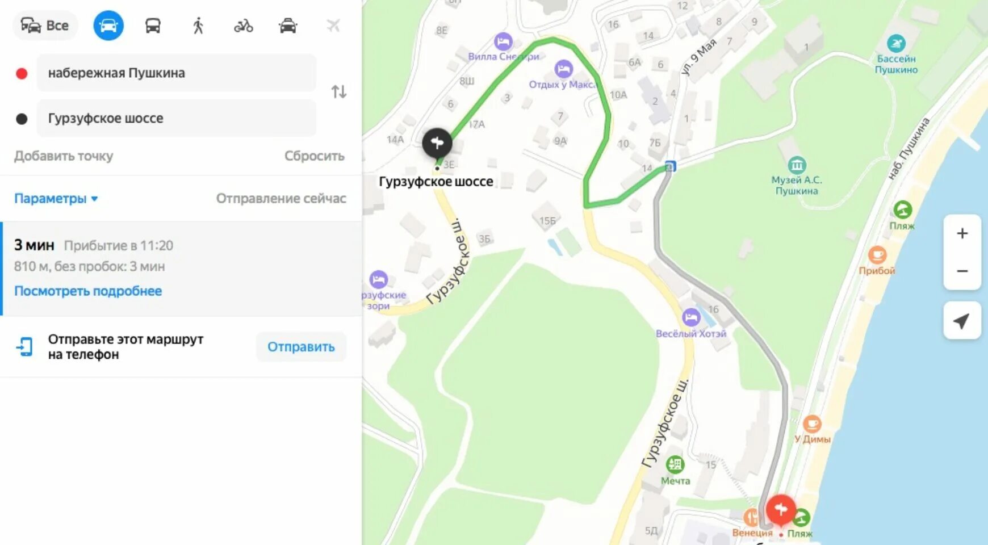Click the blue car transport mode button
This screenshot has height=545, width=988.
pos(108,26)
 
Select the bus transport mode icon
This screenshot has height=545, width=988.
pos(153,26)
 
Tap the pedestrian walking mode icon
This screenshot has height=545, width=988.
pos(198,26)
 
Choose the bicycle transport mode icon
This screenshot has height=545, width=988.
pos(243,26)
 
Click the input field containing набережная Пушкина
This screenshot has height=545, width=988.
pos(176,73)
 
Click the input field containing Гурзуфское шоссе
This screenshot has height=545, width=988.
pos(176,118)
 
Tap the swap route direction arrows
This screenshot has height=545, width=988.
pos(339,91)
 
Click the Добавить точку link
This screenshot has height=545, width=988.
pos(64,156)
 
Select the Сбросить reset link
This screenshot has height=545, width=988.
pos(314,156)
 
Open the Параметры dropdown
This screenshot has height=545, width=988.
pos(56,199)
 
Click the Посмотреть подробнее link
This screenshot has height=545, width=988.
pos(88,291)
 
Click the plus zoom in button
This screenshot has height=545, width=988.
pos(962,233)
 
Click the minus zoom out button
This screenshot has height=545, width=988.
pos(962,271)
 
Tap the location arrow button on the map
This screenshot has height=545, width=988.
pos(961,321)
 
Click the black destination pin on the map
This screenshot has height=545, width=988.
pos(437,143)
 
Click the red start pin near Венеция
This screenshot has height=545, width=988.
pos(780,508)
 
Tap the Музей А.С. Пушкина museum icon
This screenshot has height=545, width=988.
pos(797,165)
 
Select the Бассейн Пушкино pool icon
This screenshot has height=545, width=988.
pos(896,44)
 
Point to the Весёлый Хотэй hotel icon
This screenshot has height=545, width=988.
pos(691,317)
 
